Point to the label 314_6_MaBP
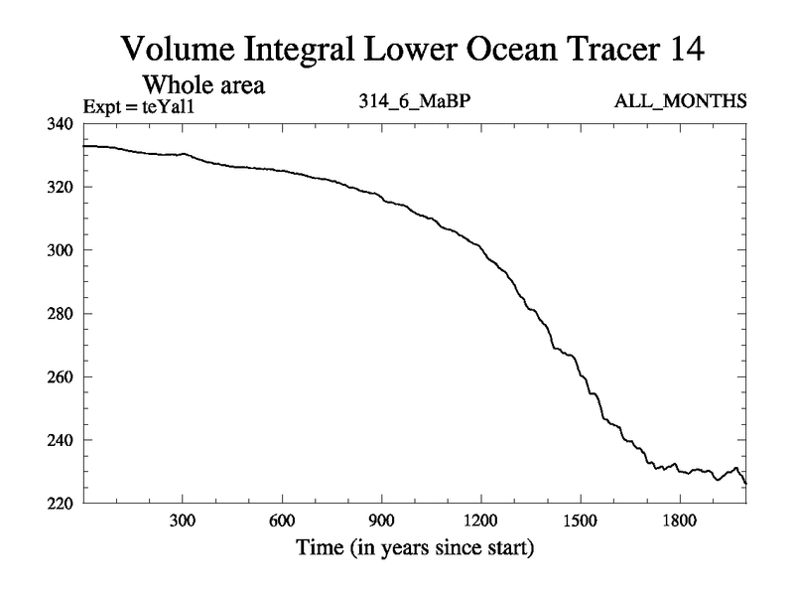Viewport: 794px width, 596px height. pyautogui.click(x=413, y=102)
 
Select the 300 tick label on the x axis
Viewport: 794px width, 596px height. pyautogui.click(x=183, y=521)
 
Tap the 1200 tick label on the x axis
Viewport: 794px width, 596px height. pyautogui.click(x=480, y=521)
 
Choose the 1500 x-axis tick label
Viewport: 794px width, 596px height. pyautogui.click(x=580, y=521)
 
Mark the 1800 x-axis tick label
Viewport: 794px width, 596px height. pyautogui.click(x=679, y=521)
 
